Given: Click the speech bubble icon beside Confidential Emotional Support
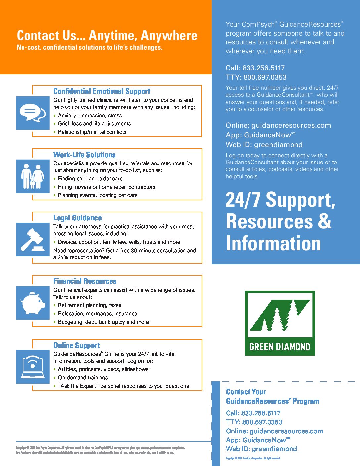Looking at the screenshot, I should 32,113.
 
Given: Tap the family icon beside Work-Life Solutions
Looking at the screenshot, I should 32,176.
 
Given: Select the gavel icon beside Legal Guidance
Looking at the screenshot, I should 32,240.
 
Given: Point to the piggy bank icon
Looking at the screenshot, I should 32,303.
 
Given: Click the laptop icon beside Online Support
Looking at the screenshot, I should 32,367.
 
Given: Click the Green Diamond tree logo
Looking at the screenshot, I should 280,323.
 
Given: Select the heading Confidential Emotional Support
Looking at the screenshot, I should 102,91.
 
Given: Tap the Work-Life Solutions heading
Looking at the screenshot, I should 84,155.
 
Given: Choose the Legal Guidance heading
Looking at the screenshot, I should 77,218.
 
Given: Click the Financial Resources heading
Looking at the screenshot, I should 85,281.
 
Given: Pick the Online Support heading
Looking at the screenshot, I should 76,346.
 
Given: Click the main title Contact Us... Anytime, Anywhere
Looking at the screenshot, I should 107,36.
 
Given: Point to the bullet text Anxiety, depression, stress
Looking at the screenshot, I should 90,116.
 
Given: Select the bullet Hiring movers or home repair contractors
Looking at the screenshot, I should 106,187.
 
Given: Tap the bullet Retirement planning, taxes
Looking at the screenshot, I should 89,305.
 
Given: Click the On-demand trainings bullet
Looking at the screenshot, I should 83,378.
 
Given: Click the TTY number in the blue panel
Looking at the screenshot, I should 256,77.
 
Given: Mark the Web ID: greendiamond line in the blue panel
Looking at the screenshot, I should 264,145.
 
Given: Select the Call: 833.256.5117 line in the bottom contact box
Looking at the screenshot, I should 253,413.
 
